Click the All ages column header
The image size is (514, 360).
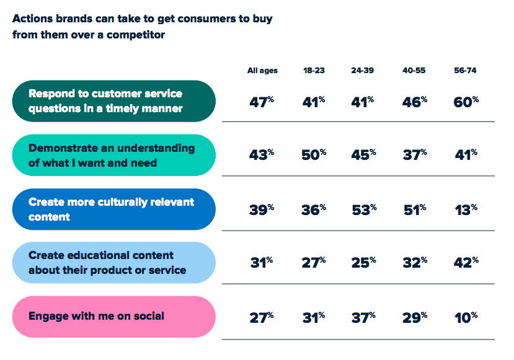click(x=262, y=71)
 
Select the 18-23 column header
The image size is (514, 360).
click(x=314, y=71)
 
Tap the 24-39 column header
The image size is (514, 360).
click(x=362, y=71)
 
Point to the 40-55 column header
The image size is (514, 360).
click(x=414, y=71)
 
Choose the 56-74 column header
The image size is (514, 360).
click(x=465, y=71)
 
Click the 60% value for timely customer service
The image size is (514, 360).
click(x=466, y=102)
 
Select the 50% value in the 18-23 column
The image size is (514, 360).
click(x=314, y=155)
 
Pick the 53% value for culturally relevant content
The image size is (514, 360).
click(x=364, y=209)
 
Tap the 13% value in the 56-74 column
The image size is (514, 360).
click(x=466, y=209)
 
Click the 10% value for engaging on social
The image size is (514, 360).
click(x=466, y=317)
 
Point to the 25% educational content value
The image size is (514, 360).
click(x=363, y=262)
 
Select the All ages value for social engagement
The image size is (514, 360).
click(x=261, y=317)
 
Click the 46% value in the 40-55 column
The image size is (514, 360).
click(x=415, y=102)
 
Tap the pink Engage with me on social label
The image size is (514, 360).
click(x=113, y=317)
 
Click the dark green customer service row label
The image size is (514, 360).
click(x=113, y=101)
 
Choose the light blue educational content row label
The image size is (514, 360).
click(x=113, y=262)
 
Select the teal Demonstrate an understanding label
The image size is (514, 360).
click(x=113, y=155)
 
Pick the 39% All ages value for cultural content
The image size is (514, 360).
click(x=261, y=209)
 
